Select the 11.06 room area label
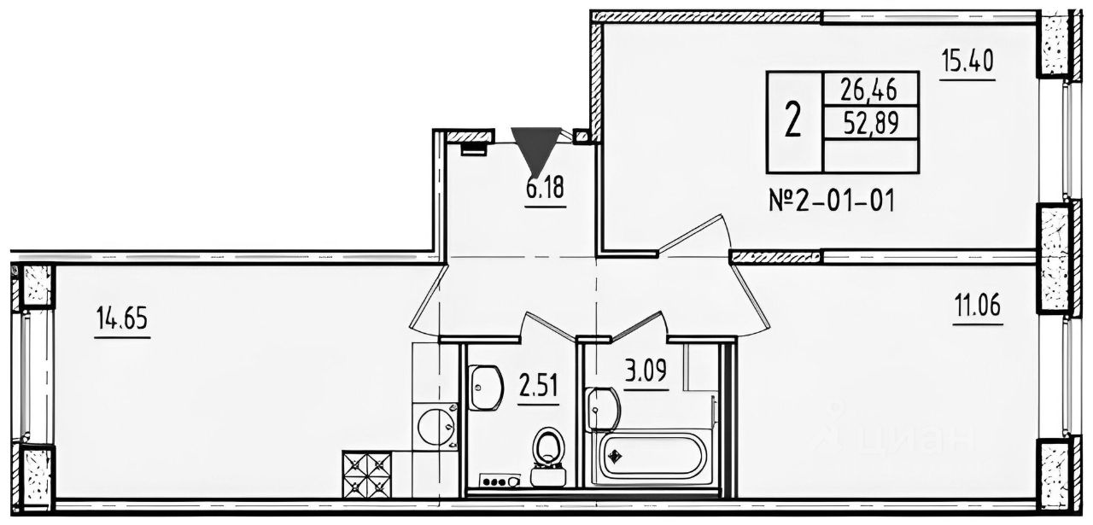[x=979, y=306]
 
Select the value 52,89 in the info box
[x=872, y=123]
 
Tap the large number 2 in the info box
[x=794, y=122]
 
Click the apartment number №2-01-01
[x=832, y=201]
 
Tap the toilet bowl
[x=548, y=457]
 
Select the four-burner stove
[x=367, y=475]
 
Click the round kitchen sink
[x=436, y=428]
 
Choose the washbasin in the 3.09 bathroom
[x=602, y=408]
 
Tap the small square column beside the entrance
[x=581, y=136]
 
